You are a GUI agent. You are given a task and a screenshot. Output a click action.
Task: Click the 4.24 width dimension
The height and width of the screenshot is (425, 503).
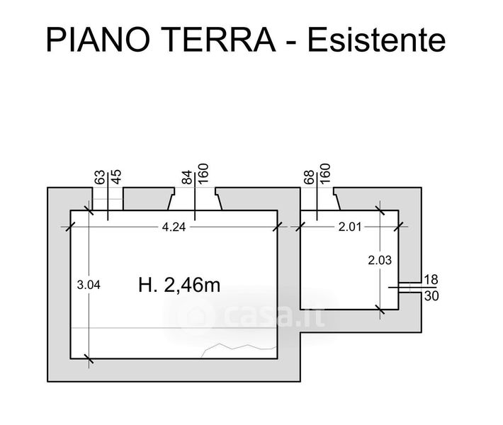pyautogui.click(x=174, y=227)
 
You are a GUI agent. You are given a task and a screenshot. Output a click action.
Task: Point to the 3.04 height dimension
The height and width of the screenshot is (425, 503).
pyautogui.click(x=89, y=285)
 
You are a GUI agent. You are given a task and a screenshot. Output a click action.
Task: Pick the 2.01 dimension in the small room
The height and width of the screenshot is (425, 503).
pyautogui.click(x=350, y=227)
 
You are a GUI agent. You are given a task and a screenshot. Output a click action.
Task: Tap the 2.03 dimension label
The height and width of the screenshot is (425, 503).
pyautogui.click(x=380, y=260)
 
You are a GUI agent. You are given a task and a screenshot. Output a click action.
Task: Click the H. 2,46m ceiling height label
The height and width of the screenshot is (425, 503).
pyautogui.click(x=179, y=285)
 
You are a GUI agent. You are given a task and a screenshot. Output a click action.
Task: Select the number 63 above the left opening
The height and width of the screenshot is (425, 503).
pyautogui.click(x=100, y=177)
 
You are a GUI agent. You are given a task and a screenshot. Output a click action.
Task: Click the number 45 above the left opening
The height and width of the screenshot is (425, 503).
pyautogui.click(x=116, y=177)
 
